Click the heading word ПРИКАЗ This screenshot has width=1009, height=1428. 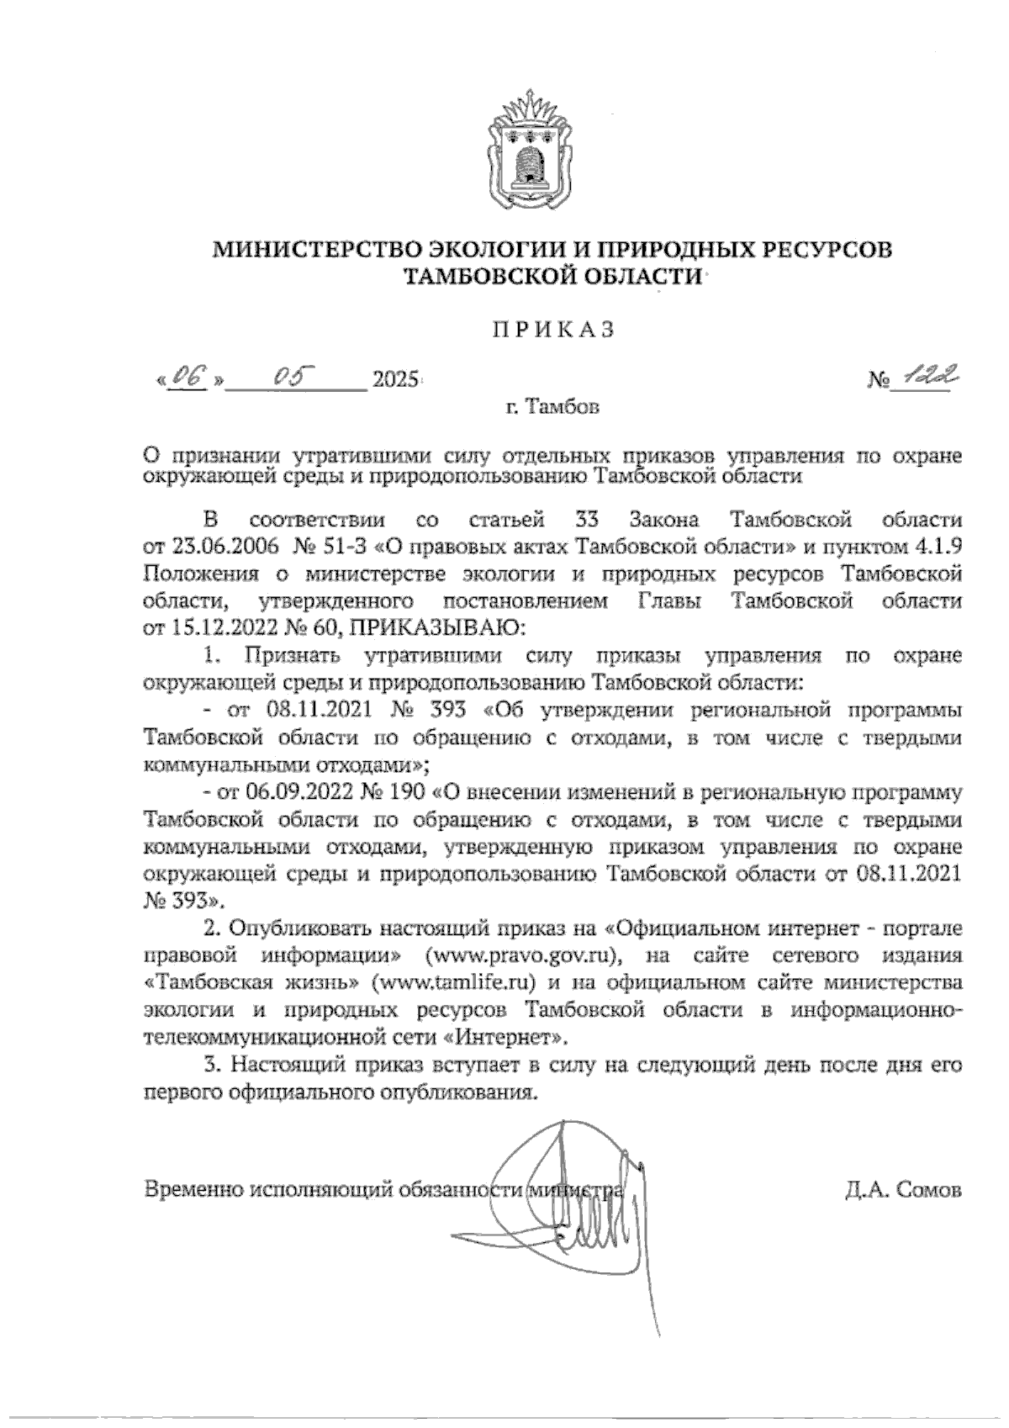553,331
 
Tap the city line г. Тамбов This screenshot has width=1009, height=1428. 553,409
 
